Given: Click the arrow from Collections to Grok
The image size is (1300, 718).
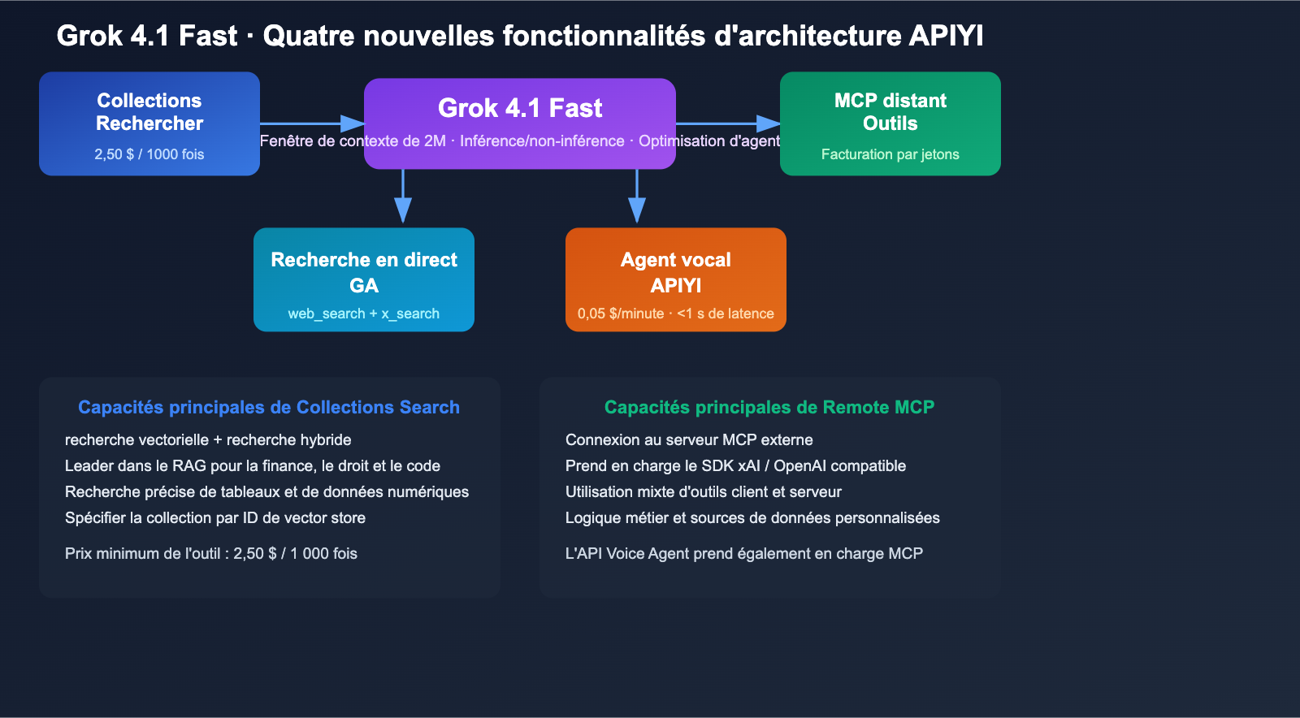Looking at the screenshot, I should click(x=312, y=123).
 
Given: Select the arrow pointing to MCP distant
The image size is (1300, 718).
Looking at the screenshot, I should click(x=728, y=123).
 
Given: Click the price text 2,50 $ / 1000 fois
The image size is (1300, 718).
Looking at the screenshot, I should click(x=149, y=154).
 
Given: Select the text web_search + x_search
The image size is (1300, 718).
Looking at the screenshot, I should click(x=363, y=314).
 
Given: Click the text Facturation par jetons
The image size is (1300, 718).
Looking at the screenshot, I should click(x=890, y=154).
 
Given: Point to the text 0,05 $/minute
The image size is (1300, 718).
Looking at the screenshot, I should click(x=621, y=314).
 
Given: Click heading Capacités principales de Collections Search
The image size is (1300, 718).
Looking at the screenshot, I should click(x=268, y=407).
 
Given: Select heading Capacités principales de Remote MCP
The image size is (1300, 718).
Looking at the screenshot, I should click(x=769, y=407).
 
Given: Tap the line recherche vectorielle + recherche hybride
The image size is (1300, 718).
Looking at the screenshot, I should click(x=208, y=439).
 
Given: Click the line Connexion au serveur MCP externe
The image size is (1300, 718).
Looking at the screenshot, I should click(x=689, y=439).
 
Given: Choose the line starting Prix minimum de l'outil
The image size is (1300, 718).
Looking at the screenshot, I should click(x=211, y=553).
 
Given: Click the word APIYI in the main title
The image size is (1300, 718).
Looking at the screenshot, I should click(x=946, y=36).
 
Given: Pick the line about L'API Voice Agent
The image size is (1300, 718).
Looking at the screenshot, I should click(x=743, y=553).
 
